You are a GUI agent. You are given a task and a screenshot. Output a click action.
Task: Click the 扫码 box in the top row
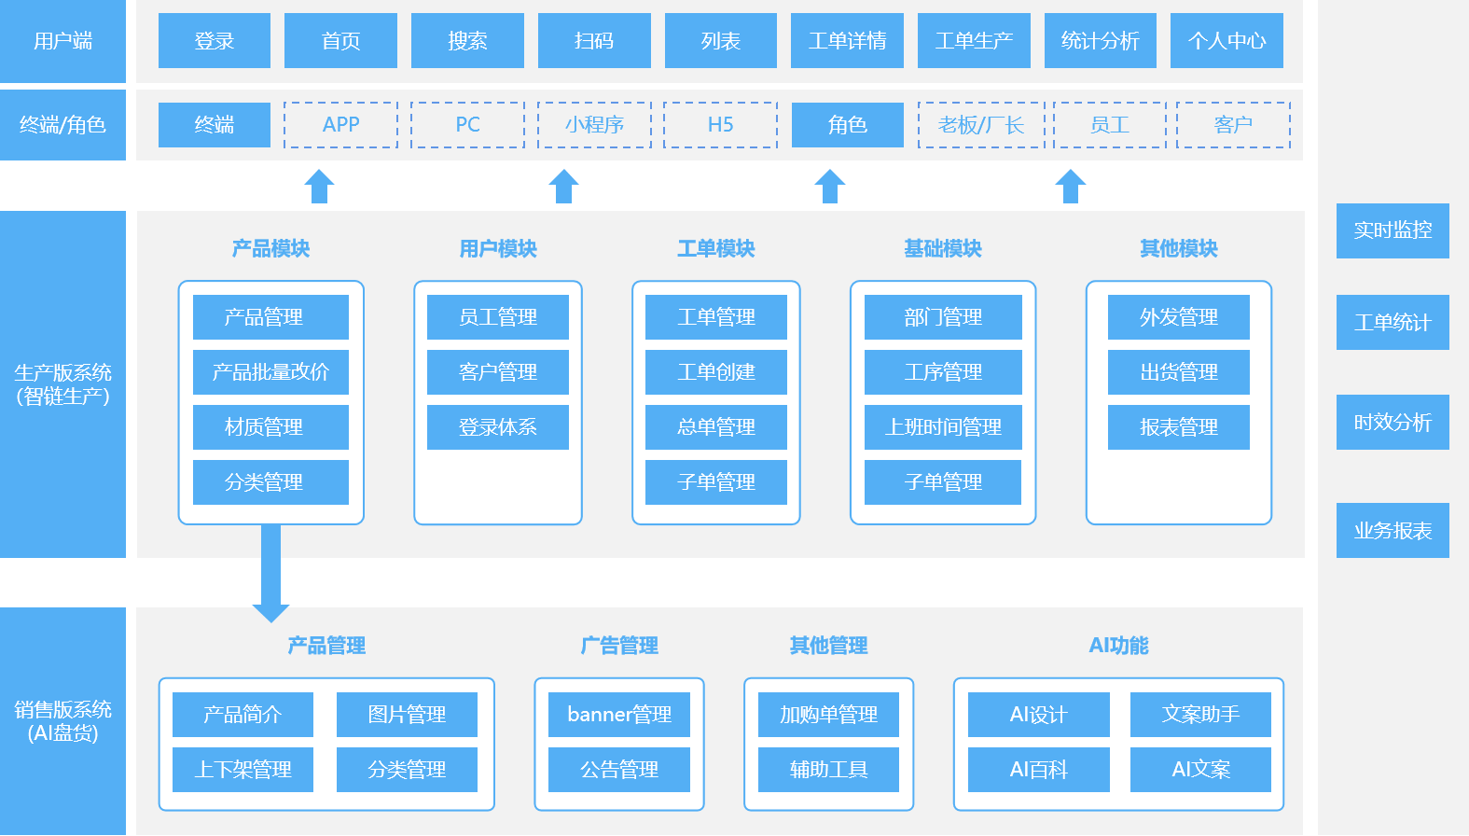point(594,41)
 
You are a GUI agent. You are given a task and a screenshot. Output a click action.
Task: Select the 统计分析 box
point(1101,41)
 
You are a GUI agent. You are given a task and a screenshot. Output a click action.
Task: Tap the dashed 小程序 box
point(594,125)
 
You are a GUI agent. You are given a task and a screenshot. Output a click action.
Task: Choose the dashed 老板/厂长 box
point(980,125)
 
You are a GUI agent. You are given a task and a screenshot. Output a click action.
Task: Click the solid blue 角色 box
point(847,125)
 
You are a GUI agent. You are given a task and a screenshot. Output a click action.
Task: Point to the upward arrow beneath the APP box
point(320,187)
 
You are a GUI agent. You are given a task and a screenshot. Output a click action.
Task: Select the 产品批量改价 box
point(270,372)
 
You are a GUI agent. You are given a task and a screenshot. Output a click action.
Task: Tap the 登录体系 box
point(497,427)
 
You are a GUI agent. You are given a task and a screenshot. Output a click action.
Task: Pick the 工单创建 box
point(715,372)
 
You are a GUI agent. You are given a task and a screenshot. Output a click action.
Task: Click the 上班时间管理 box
point(943,427)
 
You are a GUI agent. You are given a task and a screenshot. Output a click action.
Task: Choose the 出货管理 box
point(1178,372)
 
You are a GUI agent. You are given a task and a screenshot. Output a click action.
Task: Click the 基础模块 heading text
point(943,248)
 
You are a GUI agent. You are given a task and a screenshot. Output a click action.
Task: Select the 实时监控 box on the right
point(1393,230)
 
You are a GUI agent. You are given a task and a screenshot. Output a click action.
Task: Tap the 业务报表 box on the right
point(1393,531)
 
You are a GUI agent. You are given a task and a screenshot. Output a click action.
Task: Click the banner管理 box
point(619,715)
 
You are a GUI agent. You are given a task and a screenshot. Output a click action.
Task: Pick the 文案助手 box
point(1200,715)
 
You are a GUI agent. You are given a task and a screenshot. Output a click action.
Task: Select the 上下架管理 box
point(243,770)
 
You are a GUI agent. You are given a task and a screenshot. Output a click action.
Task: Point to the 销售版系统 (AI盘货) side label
point(62,721)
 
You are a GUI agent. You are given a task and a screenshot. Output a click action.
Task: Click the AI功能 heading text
point(1118,646)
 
